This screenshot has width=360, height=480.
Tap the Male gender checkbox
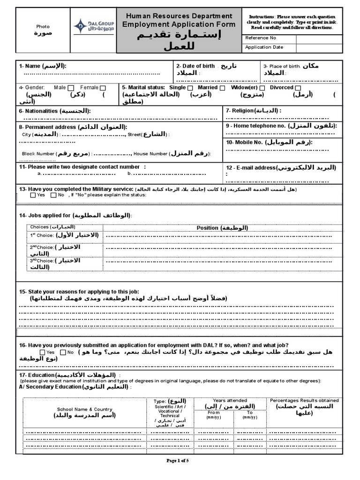71,88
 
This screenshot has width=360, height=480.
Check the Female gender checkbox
103,88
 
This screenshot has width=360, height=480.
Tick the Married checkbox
222,88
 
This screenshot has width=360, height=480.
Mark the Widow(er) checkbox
262,88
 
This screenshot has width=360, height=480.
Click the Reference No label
261,38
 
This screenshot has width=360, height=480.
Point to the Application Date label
265,47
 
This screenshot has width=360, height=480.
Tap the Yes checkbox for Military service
33,195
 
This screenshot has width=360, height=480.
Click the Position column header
222,228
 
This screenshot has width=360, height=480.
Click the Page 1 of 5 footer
178,461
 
